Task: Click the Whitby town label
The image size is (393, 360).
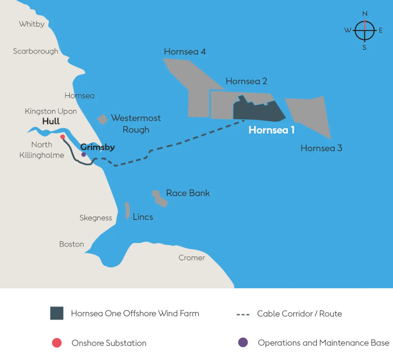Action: click(x=31, y=24)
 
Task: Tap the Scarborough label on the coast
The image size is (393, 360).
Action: click(x=35, y=51)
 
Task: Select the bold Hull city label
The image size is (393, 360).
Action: click(x=51, y=121)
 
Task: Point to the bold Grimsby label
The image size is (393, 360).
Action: click(x=97, y=147)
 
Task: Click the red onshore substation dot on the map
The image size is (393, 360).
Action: click(x=62, y=137)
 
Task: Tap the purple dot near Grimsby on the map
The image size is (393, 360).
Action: click(x=84, y=154)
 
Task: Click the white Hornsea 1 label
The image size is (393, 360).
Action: click(x=272, y=131)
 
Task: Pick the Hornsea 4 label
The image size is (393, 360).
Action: click(x=185, y=52)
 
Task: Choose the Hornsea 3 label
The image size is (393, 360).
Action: click(x=321, y=148)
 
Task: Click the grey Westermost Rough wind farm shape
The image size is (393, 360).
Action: click(x=102, y=119)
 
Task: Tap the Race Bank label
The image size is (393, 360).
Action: click(x=188, y=193)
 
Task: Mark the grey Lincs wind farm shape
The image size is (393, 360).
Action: click(x=127, y=210)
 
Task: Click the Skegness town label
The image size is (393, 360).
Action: click(x=96, y=218)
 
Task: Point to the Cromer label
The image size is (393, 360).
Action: click(x=192, y=258)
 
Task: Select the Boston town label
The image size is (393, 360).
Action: click(x=72, y=244)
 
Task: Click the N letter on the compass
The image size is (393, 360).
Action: click(x=365, y=14)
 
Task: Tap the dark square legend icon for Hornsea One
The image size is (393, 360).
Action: click(x=56, y=313)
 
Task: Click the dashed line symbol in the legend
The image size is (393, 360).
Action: click(x=244, y=314)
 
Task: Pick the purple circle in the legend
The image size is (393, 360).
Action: click(x=243, y=343)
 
